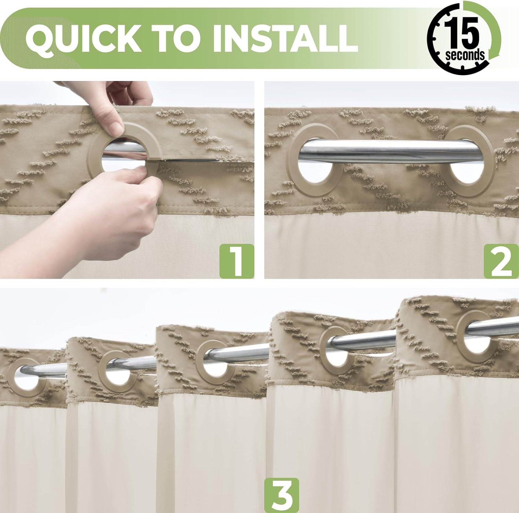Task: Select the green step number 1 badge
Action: pos(236,261)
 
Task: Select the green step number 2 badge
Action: pos(501,261)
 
